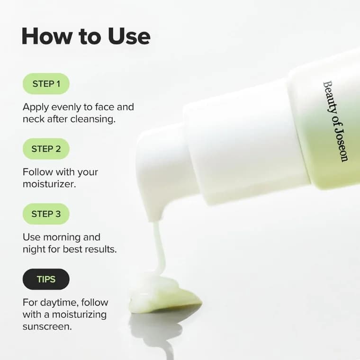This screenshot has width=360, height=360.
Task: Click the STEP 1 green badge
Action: [x=46, y=84]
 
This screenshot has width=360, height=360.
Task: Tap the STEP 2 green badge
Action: [x=46, y=149]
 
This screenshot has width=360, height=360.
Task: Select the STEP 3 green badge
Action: [x=46, y=214]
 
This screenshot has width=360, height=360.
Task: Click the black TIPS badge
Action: [x=46, y=279]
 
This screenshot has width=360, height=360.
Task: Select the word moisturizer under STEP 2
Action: [x=49, y=184]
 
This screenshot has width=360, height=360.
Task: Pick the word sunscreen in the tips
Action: [x=47, y=326]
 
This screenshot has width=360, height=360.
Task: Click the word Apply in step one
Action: [x=35, y=107]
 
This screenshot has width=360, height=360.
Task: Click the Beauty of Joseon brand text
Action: [x=335, y=121]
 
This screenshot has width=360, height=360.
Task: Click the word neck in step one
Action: [x=33, y=119]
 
